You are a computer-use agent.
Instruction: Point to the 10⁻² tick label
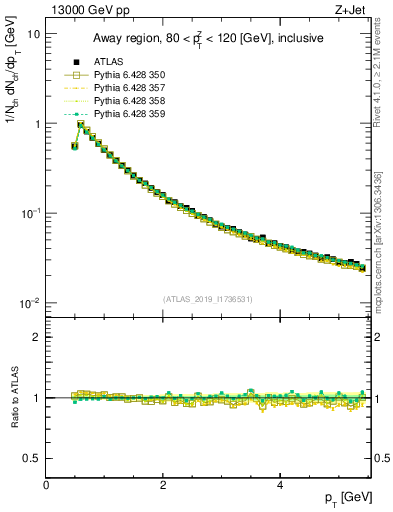pos(30,304)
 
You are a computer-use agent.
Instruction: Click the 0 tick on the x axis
pos(47,486)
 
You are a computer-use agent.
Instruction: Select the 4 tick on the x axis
pos(280,486)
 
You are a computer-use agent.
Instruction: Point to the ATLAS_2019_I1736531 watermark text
pos(207,298)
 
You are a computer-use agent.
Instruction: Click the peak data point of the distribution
pos(82,125)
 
